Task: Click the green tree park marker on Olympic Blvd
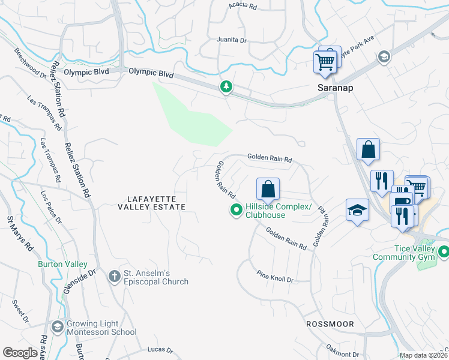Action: coord(226,88)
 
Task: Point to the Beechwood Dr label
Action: coord(31,62)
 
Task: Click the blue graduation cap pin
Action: coord(357,210)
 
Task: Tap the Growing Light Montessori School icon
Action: coord(57,327)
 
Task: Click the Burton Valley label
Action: coord(62,264)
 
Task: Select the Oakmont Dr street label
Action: coord(343,350)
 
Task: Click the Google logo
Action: coord(20,353)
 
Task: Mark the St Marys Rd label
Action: coord(15,232)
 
